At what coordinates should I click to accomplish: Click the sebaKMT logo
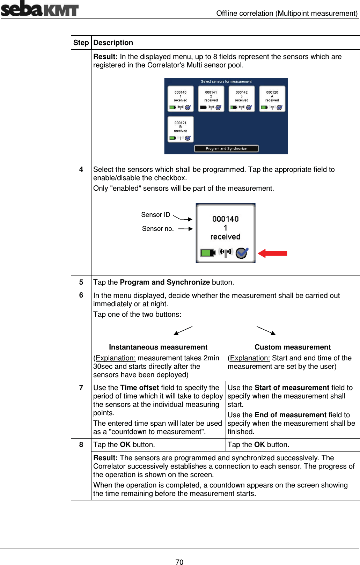[x=39, y=9]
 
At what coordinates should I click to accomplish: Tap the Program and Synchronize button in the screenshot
[x=226, y=148]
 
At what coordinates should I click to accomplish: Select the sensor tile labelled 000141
[x=211, y=99]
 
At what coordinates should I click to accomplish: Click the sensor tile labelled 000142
[x=242, y=99]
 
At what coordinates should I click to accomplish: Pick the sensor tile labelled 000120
[x=272, y=99]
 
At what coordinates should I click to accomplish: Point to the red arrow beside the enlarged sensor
[x=273, y=253]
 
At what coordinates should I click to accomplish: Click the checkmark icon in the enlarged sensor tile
[x=242, y=252]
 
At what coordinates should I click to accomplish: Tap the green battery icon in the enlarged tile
[x=207, y=252]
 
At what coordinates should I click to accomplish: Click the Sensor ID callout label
[x=156, y=215]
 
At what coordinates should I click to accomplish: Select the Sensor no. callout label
[x=158, y=229]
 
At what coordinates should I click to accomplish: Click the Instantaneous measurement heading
[x=158, y=347]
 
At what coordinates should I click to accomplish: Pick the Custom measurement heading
[x=293, y=347]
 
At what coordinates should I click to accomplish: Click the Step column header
[x=81, y=43]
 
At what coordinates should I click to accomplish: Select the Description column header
[x=113, y=43]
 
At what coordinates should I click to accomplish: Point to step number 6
[x=81, y=295]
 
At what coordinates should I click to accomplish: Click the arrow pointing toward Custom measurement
[x=266, y=330]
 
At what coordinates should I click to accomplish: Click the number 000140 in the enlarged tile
[x=226, y=219]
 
